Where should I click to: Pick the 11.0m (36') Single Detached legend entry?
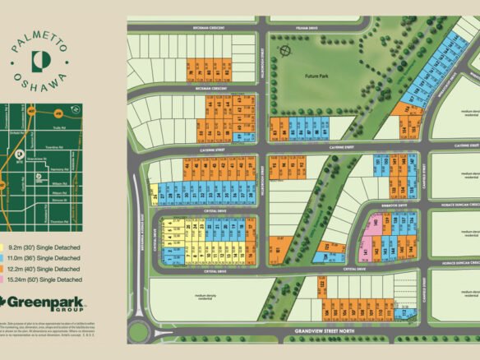pos(46,257)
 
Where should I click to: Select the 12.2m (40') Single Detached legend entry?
pos(46,269)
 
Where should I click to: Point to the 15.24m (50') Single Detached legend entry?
pos(48,280)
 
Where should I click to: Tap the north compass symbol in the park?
pos(285,51)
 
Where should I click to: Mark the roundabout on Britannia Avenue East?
pos(138,332)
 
